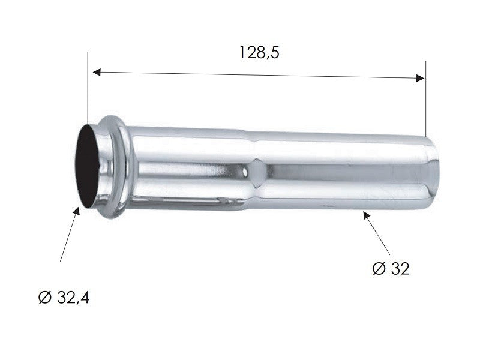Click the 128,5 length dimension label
(259, 53)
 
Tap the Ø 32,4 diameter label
(64, 297)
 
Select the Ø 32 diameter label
(391, 269)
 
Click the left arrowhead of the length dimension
(97, 72)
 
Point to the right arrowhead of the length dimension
(421, 78)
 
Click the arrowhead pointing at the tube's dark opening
(77, 211)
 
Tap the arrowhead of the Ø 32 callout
(366, 215)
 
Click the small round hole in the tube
(245, 172)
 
